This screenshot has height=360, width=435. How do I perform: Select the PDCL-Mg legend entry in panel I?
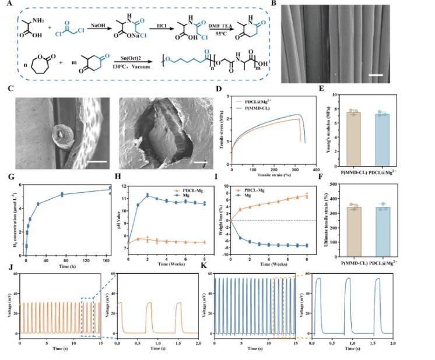(x=257, y=190)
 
